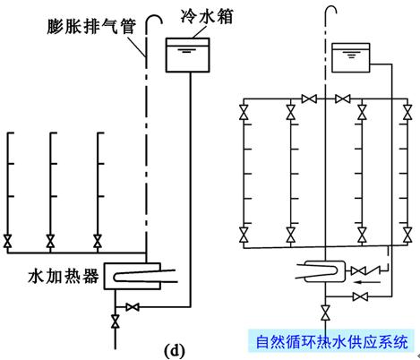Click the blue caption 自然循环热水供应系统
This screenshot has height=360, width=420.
tap(330, 341)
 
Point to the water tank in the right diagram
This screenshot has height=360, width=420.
tap(350, 59)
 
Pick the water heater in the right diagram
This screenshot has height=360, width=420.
tap(321, 269)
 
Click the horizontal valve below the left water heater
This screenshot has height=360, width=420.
tap(133, 307)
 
